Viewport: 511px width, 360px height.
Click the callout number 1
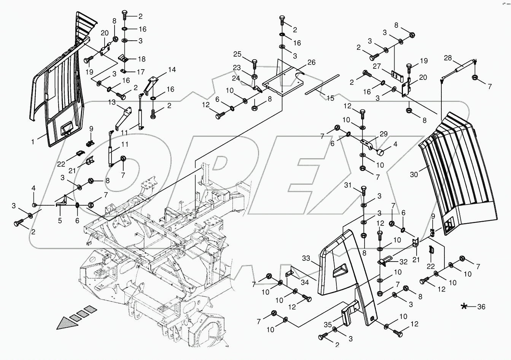coord(33,142)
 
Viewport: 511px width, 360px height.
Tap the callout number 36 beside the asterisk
coord(481,307)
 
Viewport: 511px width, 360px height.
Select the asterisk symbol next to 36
coord(464,306)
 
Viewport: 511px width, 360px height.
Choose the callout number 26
coord(312,62)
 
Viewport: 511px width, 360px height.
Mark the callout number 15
coord(330,98)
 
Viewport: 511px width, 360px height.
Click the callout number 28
coord(448,58)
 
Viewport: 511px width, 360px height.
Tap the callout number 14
coord(172,70)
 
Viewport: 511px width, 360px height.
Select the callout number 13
coord(111,102)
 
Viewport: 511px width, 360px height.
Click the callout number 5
coord(60,220)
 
